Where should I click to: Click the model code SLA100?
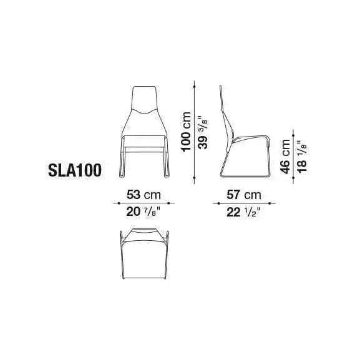coord(75,170)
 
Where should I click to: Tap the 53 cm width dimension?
coord(144,195)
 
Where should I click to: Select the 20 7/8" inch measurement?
coord(143,212)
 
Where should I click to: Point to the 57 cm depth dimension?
coord(244,195)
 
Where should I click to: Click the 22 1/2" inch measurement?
coord(243,212)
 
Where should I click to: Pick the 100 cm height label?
coord(186,132)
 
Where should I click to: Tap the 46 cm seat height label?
coord(285,157)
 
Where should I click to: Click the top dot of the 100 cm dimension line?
coord(195,87)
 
